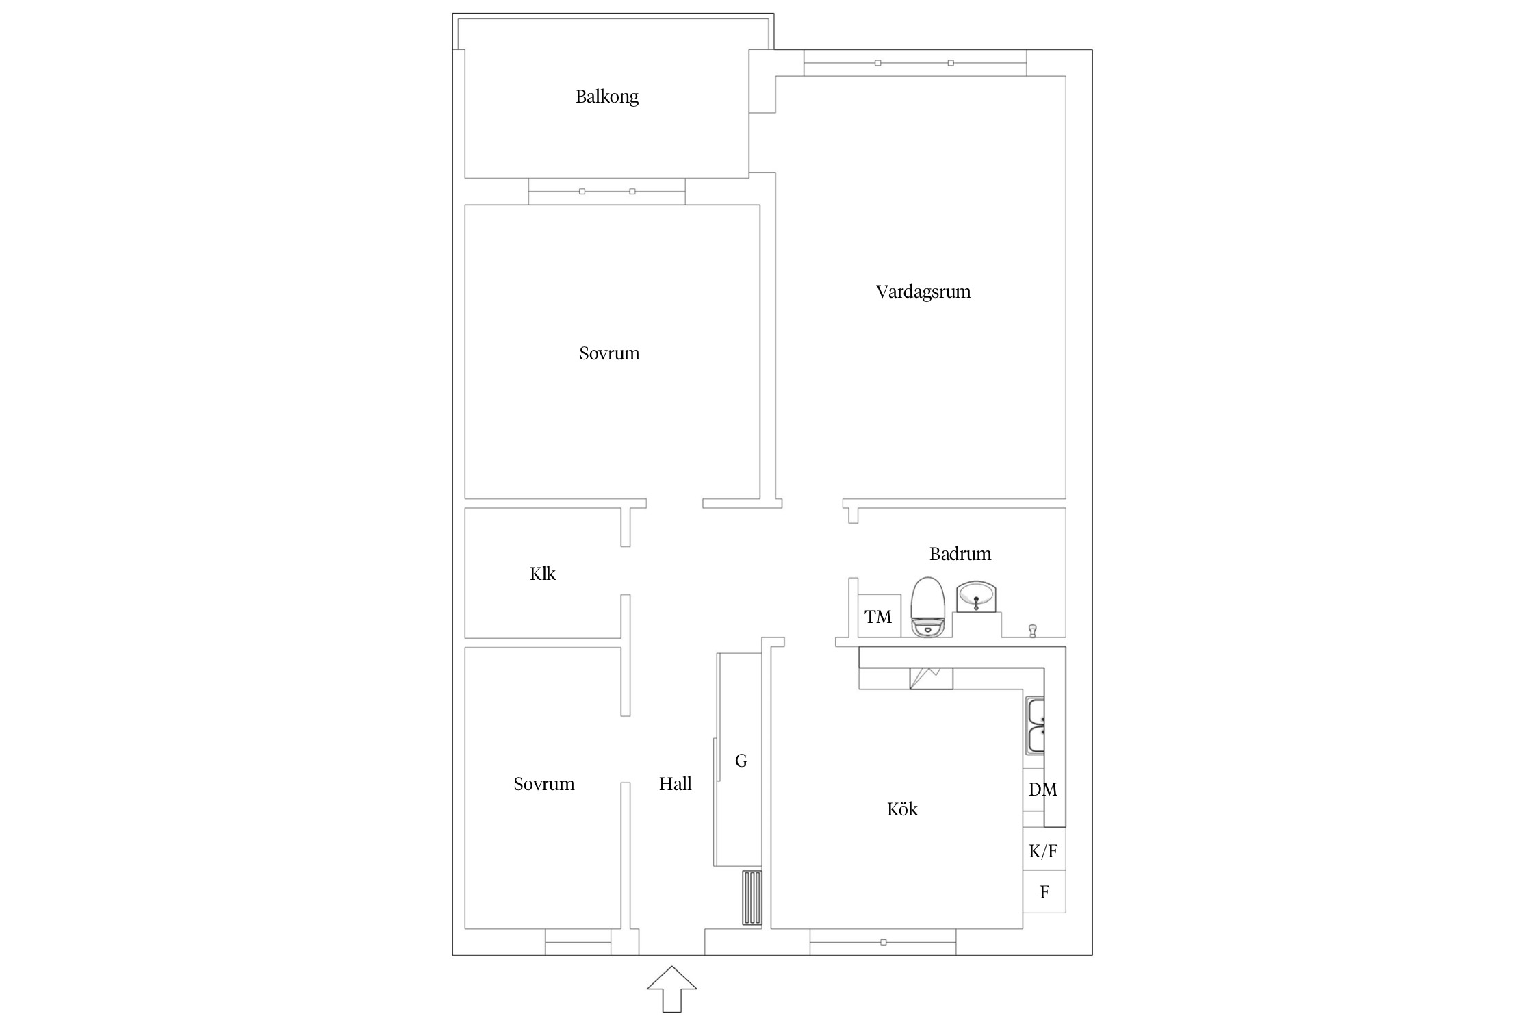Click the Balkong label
coord(606,97)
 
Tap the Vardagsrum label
coord(923,292)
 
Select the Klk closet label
coord(542,574)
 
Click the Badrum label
coord(960,554)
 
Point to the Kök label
coord(901,809)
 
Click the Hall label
coord(675,784)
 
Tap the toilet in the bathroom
coord(927,607)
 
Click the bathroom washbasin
coord(976,596)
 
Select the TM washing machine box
coord(878,616)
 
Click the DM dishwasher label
coord(1042,789)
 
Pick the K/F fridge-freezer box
coord(1044,850)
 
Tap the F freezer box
coord(1044,892)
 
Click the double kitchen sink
coord(1035,726)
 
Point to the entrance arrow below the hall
coord(672,989)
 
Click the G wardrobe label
coord(741,761)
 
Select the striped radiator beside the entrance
coord(752,898)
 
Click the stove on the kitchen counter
coord(931,679)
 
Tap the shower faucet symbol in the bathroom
coord(1033,631)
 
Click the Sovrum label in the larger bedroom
coord(609,353)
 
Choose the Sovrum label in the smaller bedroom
coord(543,784)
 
